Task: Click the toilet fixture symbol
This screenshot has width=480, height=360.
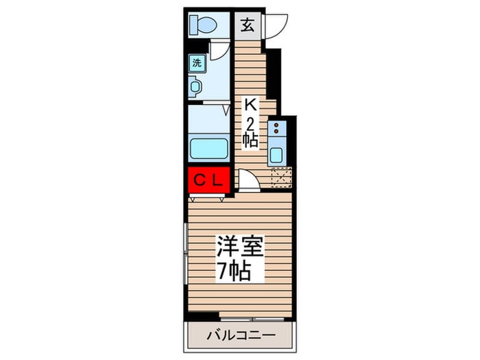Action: (x=203, y=25)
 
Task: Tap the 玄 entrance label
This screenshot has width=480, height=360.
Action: (x=248, y=25)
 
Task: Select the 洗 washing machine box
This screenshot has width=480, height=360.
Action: (x=197, y=63)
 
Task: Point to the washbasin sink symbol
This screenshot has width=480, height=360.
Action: (x=194, y=86)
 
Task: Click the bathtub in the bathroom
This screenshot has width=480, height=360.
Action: (x=208, y=149)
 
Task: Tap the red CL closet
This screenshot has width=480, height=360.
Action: (x=208, y=180)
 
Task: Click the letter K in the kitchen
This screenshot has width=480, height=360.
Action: (x=250, y=106)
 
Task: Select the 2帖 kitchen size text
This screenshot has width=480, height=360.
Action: (x=250, y=133)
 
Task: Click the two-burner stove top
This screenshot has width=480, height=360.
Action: (x=277, y=129)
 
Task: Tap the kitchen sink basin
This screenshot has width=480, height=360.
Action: (x=276, y=155)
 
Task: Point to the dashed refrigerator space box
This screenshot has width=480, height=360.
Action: (x=282, y=177)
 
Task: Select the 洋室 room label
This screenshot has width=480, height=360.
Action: (x=240, y=245)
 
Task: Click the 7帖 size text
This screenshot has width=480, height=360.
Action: (x=235, y=271)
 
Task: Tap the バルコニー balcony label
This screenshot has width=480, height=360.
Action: (x=241, y=335)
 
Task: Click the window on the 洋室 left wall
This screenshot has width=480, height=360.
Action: (x=185, y=254)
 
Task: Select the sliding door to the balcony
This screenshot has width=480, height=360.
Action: (x=252, y=319)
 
